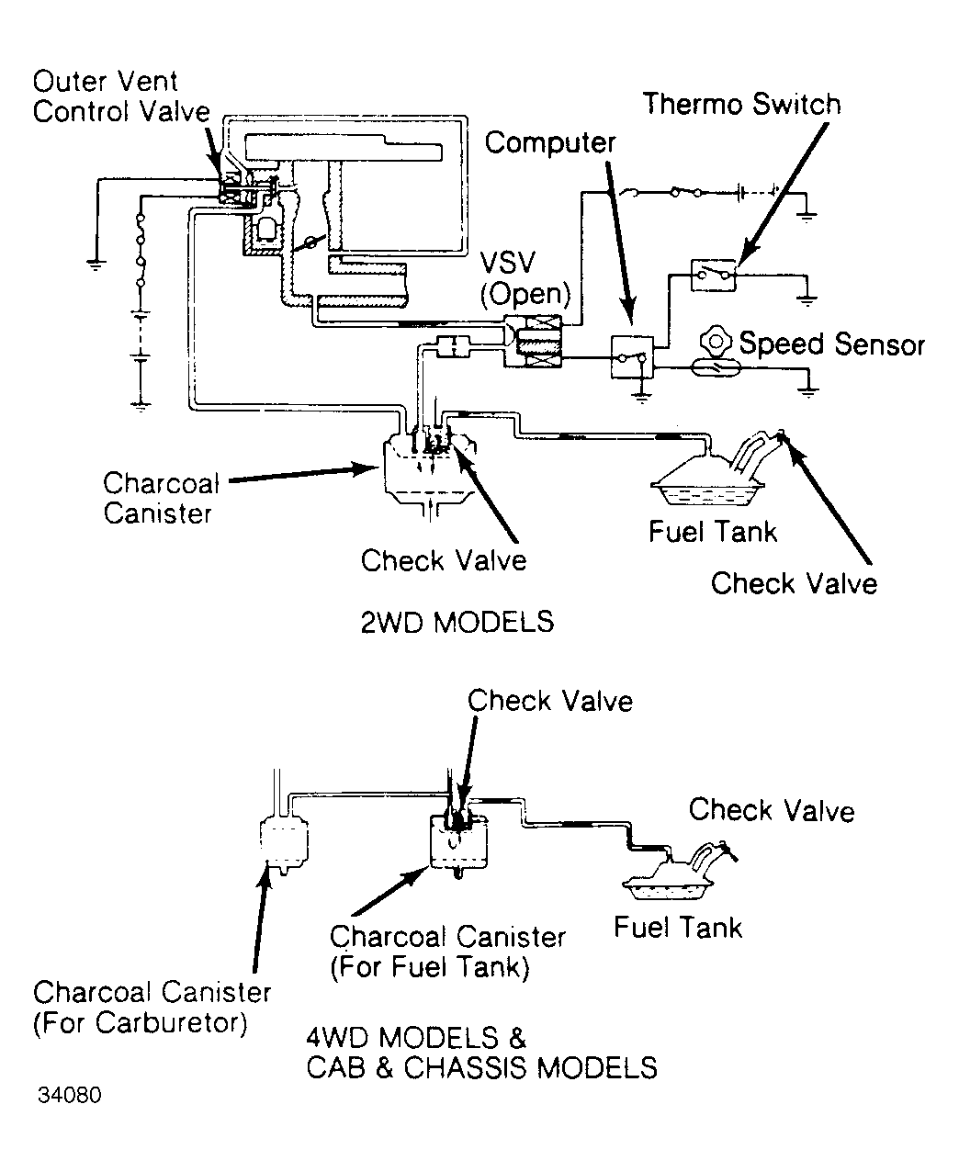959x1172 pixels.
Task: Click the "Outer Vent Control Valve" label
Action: click(x=121, y=96)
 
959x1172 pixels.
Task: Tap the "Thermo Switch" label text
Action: click(x=741, y=104)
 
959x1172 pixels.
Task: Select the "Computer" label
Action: click(x=550, y=143)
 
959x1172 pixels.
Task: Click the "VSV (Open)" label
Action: click(x=525, y=279)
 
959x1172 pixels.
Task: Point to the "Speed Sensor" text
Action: click(x=831, y=344)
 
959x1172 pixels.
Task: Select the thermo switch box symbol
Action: click(x=714, y=275)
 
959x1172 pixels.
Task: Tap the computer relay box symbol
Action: click(x=632, y=356)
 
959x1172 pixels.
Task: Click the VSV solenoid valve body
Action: click(x=533, y=341)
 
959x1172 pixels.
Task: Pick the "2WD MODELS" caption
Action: click(x=457, y=622)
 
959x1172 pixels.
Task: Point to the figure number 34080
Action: click(x=70, y=1096)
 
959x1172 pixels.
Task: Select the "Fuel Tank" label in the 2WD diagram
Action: click(x=713, y=532)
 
